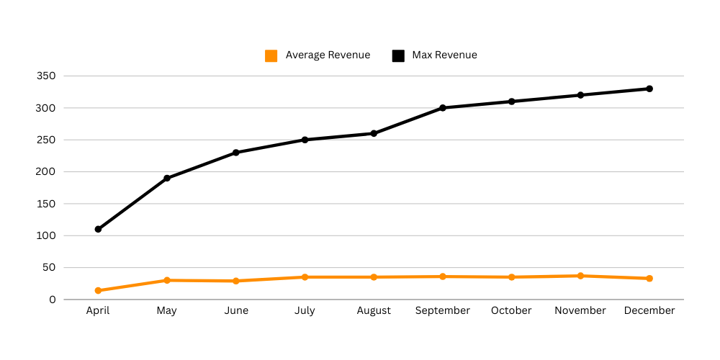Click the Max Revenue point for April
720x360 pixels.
[x=98, y=229]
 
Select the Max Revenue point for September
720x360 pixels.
[x=443, y=108]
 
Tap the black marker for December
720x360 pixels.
[x=649, y=89]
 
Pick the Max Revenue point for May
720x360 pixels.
[x=167, y=178]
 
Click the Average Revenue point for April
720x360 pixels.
[x=98, y=291]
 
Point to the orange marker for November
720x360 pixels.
[x=580, y=276]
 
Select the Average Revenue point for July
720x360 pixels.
[x=305, y=277]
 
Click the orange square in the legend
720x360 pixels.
[x=271, y=55]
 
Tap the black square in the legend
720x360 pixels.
[x=398, y=55]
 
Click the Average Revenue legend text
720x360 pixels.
[x=328, y=55]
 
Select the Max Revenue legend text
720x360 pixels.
[x=444, y=55]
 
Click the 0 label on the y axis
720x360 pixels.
[x=53, y=300]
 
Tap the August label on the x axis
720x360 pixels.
[x=374, y=311]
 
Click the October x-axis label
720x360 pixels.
[x=511, y=311]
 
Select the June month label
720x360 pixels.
[x=236, y=311]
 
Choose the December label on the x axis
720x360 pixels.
[x=649, y=311]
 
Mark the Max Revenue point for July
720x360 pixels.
[x=305, y=140]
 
